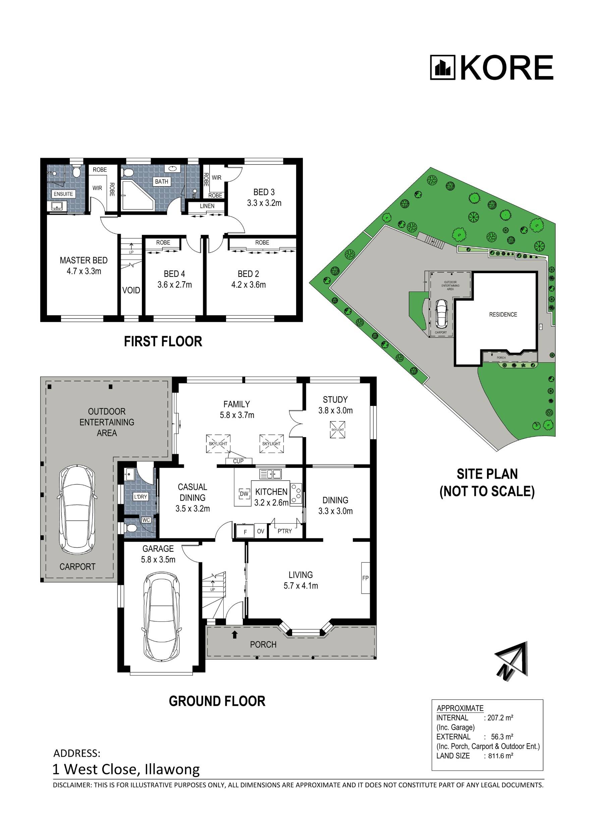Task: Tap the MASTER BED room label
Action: [84, 260]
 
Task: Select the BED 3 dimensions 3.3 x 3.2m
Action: [264, 203]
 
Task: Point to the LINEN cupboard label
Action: [207, 206]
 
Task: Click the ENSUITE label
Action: [63, 194]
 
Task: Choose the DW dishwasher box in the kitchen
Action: [244, 494]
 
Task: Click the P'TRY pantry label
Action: [284, 531]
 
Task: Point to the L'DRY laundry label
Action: [141, 497]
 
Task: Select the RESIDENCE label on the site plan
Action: [503, 314]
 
